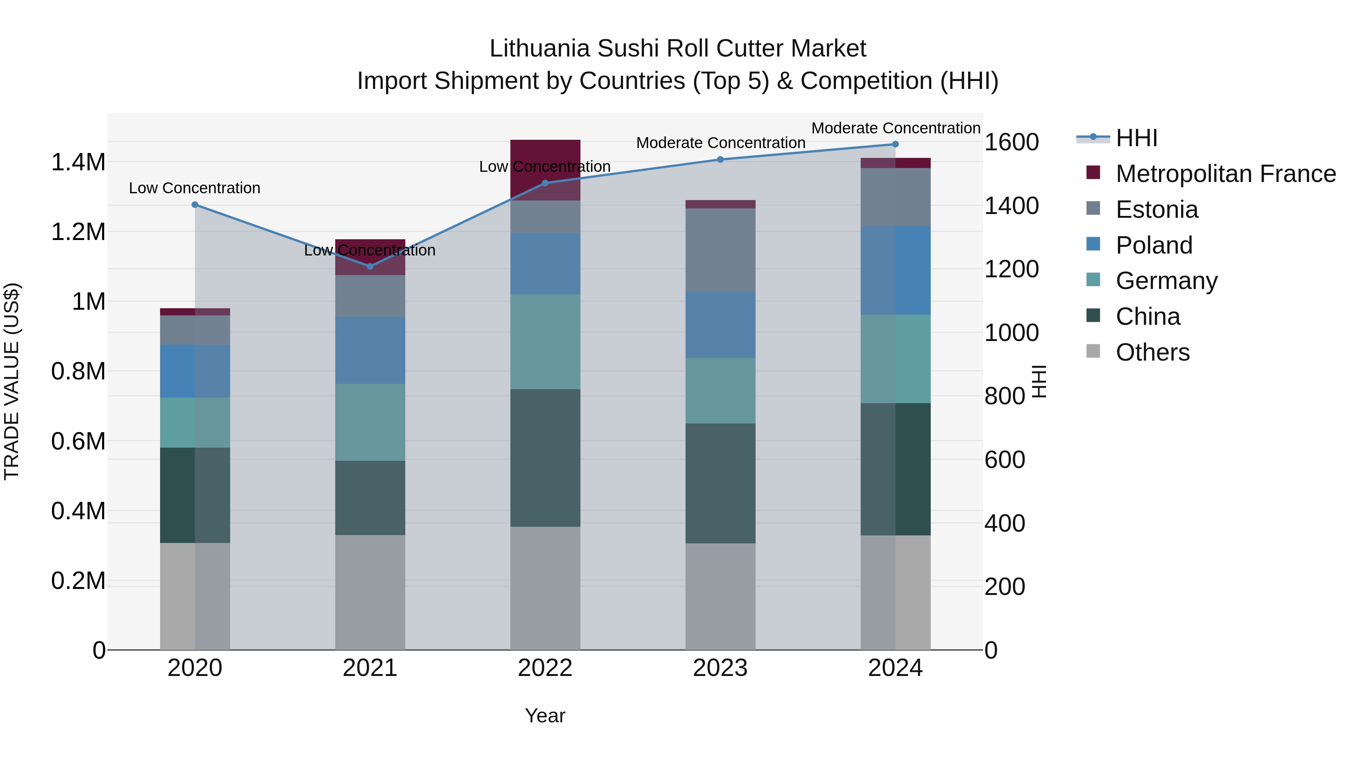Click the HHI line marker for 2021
[x=370, y=266]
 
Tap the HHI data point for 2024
[x=895, y=144]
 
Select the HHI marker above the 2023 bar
[x=721, y=159]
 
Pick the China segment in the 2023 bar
[x=720, y=483]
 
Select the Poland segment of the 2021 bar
[x=370, y=350]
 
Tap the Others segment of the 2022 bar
[x=545, y=588]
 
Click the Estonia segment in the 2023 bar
[x=720, y=250]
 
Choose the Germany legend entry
[x=1167, y=281]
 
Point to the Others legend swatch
[x=1093, y=351]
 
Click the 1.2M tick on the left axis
[x=78, y=232]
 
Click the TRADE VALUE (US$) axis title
[x=12, y=381]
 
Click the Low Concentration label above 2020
[x=194, y=188]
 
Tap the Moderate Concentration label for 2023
[x=721, y=143]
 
